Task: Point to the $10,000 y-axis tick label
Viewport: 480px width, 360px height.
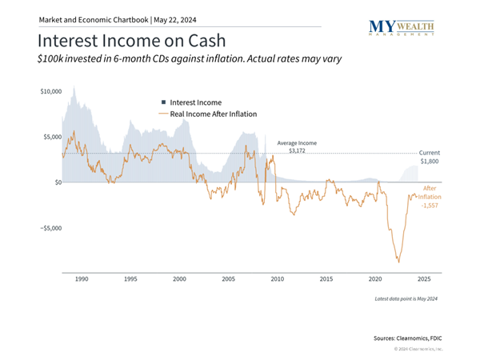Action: coord(50,92)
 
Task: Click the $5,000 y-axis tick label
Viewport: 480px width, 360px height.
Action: coord(51,137)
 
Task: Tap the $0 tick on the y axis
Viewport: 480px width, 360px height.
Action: coord(56,182)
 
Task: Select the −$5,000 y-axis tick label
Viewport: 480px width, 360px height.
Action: coord(50,228)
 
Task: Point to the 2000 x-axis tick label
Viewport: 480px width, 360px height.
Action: coord(179,278)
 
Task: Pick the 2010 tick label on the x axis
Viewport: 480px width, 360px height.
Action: coord(278,278)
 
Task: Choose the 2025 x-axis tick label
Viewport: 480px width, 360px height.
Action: coord(424,278)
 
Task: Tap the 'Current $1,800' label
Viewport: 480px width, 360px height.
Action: coord(429,156)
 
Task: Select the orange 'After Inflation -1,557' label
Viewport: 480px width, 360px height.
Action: coord(430,197)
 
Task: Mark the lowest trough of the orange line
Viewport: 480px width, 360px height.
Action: coord(398,262)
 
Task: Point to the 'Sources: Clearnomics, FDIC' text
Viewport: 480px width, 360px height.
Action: coord(408,338)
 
